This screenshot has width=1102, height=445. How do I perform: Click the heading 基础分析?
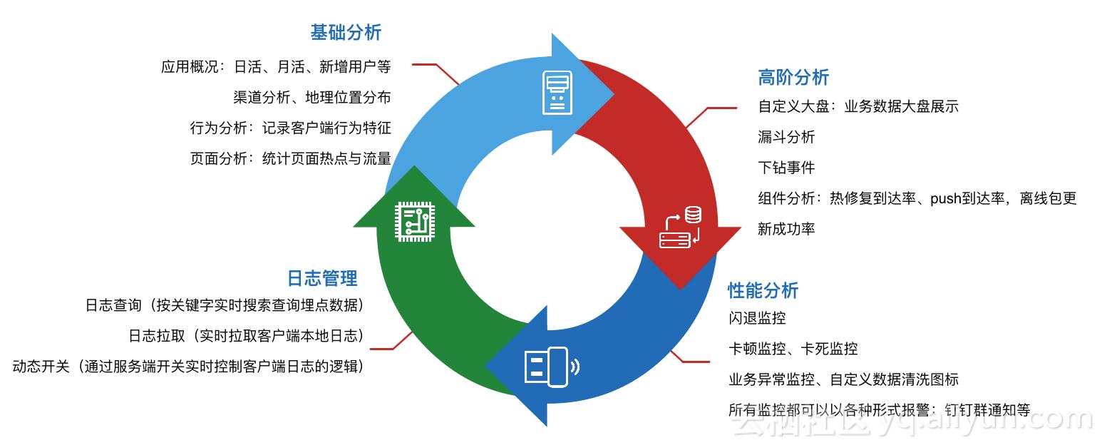pyautogui.click(x=346, y=33)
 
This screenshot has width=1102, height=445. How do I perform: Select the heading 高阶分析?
pyautogui.click(x=793, y=77)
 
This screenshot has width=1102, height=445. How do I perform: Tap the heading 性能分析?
pyautogui.click(x=763, y=290)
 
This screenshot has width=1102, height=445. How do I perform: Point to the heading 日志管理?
pyautogui.click(x=322, y=277)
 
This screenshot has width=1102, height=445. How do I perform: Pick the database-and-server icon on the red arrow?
pyautogui.click(x=680, y=227)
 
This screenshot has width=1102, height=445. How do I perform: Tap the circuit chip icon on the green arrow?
pyautogui.click(x=414, y=221)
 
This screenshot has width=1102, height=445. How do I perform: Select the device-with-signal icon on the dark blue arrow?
pyautogui.click(x=552, y=367)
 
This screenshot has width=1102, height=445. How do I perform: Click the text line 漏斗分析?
pyautogui.click(x=786, y=137)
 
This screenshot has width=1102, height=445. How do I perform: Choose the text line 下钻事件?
pyautogui.click(x=786, y=168)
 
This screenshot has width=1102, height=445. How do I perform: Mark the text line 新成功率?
pyautogui.click(x=786, y=229)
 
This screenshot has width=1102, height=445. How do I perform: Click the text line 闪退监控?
pyautogui.click(x=757, y=318)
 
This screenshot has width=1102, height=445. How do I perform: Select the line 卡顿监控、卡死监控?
pyautogui.click(x=793, y=349)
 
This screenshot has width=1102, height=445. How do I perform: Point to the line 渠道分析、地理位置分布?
pyautogui.click(x=311, y=97)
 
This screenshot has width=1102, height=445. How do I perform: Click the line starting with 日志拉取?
pyautogui.click(x=246, y=336)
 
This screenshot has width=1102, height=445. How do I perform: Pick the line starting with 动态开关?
pyautogui.click(x=188, y=367)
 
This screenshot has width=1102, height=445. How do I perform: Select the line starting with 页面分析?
pyautogui.click(x=290, y=158)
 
